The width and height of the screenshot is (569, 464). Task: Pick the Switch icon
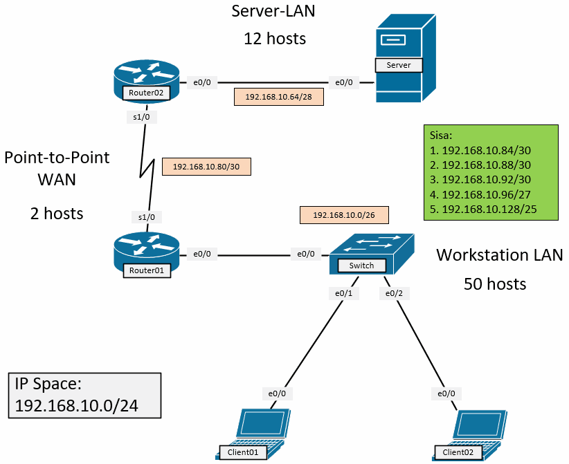click(370, 253)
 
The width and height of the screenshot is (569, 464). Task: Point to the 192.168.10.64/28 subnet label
click(279, 97)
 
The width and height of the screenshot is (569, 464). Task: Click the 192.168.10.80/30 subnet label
click(206, 167)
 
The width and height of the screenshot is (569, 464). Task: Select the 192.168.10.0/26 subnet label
click(344, 215)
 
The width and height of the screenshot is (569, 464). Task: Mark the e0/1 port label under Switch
click(344, 293)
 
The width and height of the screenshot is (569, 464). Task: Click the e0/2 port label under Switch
click(393, 293)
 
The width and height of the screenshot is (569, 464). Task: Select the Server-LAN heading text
click(275, 11)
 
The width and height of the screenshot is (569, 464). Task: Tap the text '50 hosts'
click(495, 284)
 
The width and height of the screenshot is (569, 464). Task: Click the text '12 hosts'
click(275, 39)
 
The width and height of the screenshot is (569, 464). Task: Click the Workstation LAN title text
click(499, 255)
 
